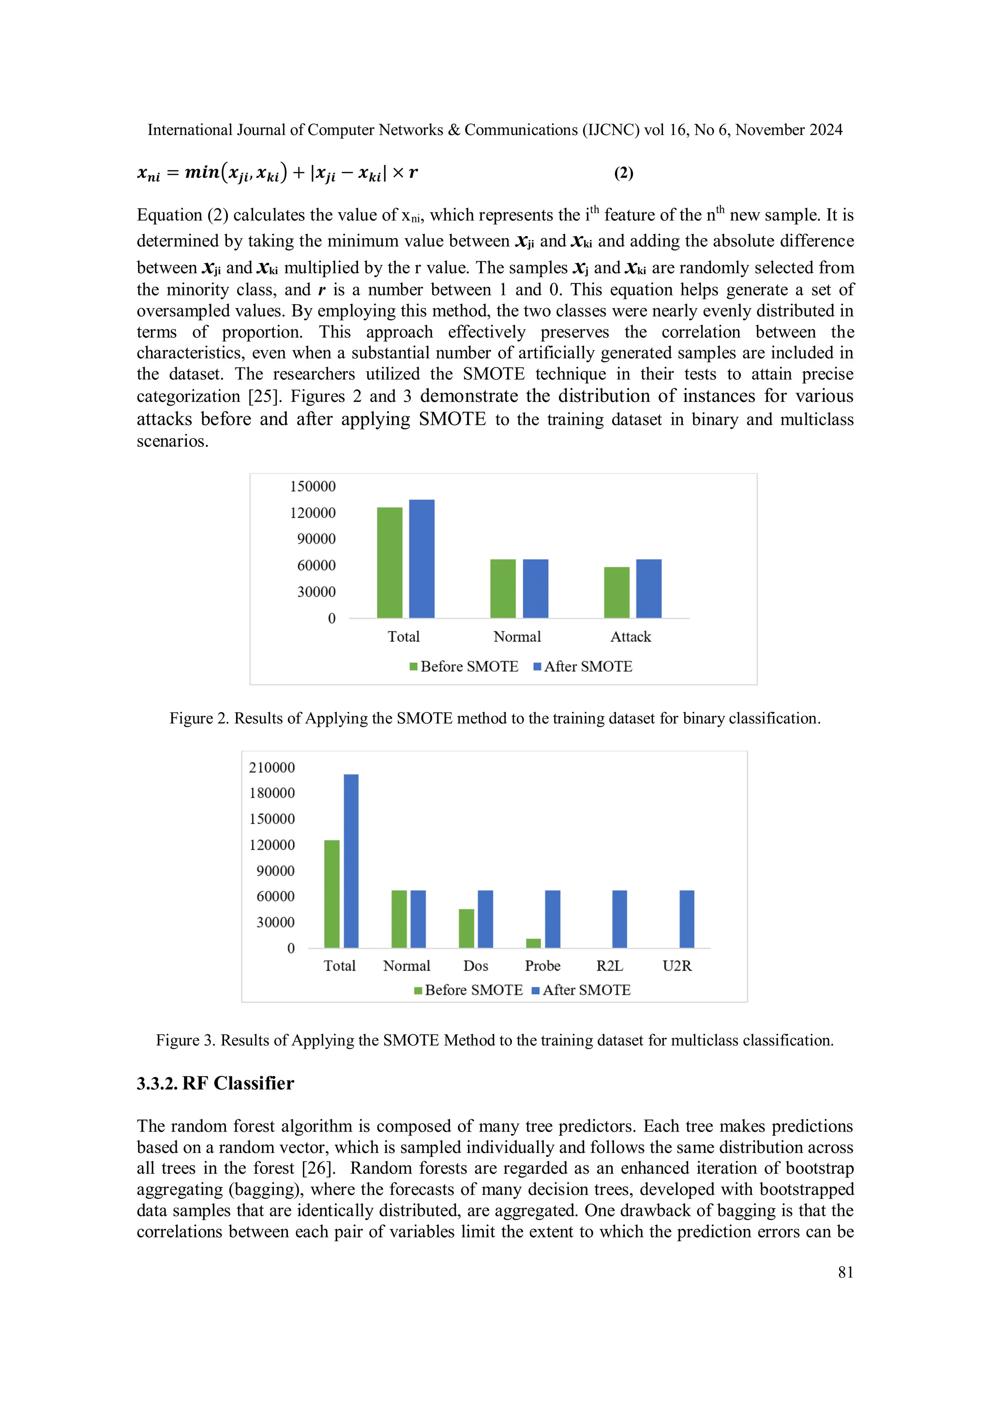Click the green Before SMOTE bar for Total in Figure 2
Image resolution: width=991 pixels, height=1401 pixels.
pyautogui.click(x=390, y=562)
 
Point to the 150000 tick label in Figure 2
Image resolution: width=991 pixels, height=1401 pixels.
pyautogui.click(x=313, y=487)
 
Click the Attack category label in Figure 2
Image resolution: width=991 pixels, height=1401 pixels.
pyautogui.click(x=631, y=636)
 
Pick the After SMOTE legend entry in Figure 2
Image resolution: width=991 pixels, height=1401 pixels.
pyautogui.click(x=583, y=666)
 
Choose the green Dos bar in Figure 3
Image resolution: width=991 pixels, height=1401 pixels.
pyautogui.click(x=466, y=928)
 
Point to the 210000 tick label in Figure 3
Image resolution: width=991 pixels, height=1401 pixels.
pyautogui.click(x=272, y=767)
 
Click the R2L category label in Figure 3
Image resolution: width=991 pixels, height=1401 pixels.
pyautogui.click(x=609, y=966)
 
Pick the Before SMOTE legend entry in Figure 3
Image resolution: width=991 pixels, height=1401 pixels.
pyautogui.click(x=468, y=990)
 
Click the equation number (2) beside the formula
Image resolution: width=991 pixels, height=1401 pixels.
pyautogui.click(x=623, y=173)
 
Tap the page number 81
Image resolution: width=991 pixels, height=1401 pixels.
pyautogui.click(x=845, y=1272)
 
